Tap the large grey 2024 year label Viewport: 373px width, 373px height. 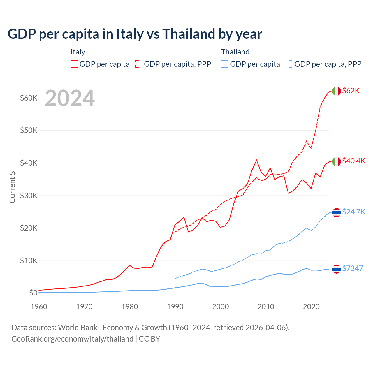[70, 98]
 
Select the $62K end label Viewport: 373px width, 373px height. [351, 91]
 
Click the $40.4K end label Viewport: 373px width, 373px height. [353, 161]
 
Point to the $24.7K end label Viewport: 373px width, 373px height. [353, 212]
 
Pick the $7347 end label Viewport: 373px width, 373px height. [352, 268]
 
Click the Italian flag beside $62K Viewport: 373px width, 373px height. [337, 91]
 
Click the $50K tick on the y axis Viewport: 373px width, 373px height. [29, 130]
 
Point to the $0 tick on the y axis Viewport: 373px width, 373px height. [33, 293]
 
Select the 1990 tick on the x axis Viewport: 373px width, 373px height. [175, 307]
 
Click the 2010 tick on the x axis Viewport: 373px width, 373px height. [266, 307]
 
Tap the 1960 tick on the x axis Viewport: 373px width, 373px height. [39, 307]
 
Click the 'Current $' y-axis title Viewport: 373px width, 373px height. [12, 187]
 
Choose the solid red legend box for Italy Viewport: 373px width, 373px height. [74, 64]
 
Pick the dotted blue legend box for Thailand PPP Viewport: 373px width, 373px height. [289, 64]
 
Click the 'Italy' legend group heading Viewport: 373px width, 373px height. [78, 52]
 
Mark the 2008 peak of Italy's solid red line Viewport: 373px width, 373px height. [256, 160]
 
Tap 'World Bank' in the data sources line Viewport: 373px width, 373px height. [78, 328]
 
